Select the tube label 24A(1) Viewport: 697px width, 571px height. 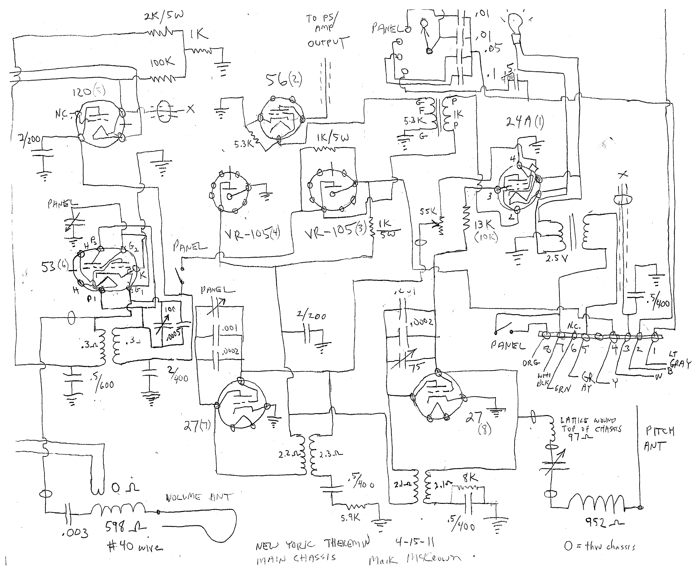click(x=525, y=122)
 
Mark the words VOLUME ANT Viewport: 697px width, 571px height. click(x=199, y=497)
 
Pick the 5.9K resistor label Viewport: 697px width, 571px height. click(x=350, y=518)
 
